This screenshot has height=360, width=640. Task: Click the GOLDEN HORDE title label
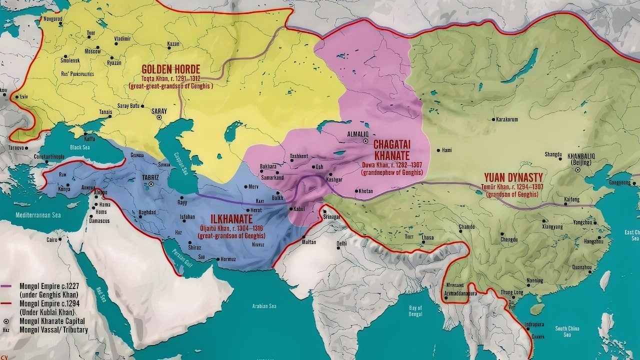click(x=170, y=69)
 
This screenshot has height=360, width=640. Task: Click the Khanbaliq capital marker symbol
click(x=578, y=170)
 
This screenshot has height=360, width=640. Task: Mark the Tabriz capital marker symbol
click(x=151, y=184)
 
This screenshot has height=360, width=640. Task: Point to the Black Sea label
click(x=79, y=147)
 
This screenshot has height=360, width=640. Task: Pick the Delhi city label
click(x=341, y=243)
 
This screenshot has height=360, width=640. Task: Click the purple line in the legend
click(x=8, y=286)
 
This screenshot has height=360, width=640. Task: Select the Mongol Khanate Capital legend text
click(x=52, y=320)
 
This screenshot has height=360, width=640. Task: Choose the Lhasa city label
click(x=427, y=237)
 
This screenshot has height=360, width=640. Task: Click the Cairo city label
click(x=52, y=239)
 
